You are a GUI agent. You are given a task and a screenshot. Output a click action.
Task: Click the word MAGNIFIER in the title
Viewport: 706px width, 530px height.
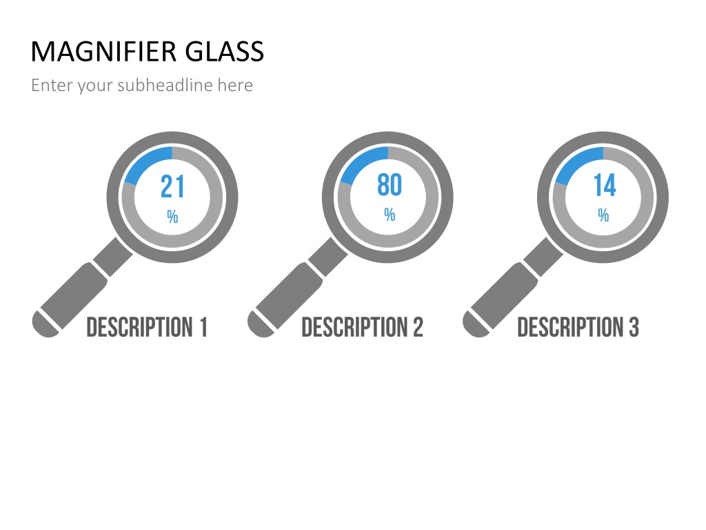[x=103, y=51]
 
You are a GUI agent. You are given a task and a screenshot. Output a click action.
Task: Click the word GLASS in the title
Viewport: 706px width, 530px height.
[x=224, y=51]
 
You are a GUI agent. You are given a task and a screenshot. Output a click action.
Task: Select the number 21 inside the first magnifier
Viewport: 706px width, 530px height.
[x=172, y=186]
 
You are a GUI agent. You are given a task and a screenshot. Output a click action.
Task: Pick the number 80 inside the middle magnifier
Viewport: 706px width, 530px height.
[x=390, y=185]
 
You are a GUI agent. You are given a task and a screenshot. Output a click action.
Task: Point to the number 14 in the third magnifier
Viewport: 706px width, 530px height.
[x=604, y=185]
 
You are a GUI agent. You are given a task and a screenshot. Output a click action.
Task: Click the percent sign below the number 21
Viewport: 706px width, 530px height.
[x=172, y=217]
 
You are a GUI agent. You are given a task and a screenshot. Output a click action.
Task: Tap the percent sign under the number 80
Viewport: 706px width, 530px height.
[x=390, y=215]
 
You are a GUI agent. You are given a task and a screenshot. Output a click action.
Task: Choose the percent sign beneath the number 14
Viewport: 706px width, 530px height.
[x=603, y=215]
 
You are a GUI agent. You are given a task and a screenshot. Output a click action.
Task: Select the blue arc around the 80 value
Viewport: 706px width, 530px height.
[x=360, y=161]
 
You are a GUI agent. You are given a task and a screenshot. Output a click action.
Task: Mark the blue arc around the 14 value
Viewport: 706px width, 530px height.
[x=576, y=161]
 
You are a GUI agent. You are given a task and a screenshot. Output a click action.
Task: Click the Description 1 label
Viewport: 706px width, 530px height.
[x=147, y=326]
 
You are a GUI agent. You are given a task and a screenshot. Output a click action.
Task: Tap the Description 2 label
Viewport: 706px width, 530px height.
[x=363, y=326]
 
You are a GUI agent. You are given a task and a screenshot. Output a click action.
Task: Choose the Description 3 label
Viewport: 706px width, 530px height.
[x=578, y=326]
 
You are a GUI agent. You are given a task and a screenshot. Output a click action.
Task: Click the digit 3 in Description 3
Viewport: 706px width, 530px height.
[x=634, y=326]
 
